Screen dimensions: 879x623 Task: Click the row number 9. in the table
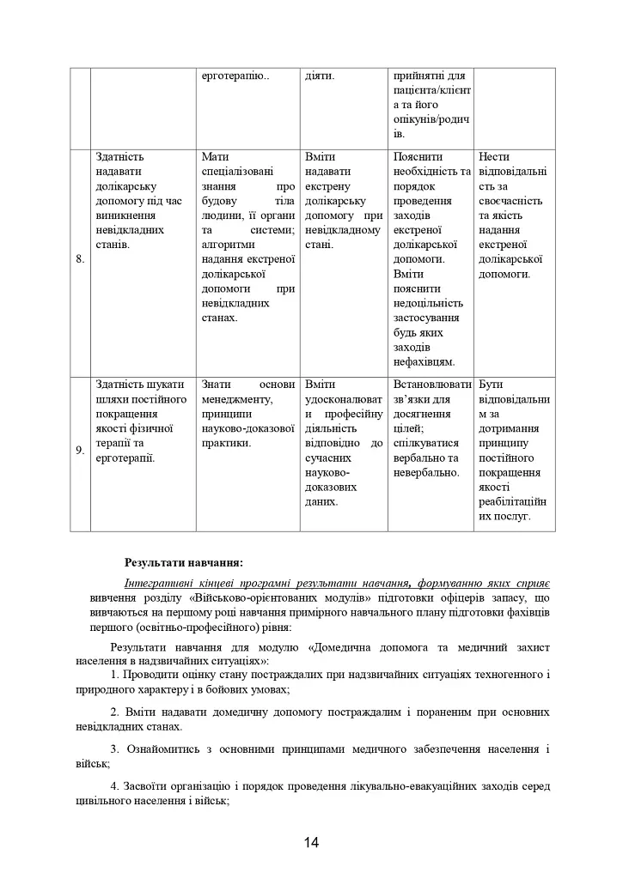point(79,452)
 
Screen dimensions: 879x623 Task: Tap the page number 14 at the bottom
point(311,842)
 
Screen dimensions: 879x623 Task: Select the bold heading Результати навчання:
point(184,563)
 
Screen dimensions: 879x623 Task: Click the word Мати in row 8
point(215,157)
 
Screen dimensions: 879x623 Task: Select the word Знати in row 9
point(217,385)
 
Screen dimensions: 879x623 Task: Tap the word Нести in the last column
point(494,157)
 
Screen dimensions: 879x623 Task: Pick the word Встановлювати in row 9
point(431,385)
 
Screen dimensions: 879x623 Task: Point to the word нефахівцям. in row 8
point(424,361)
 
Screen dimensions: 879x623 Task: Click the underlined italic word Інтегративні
point(160,582)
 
